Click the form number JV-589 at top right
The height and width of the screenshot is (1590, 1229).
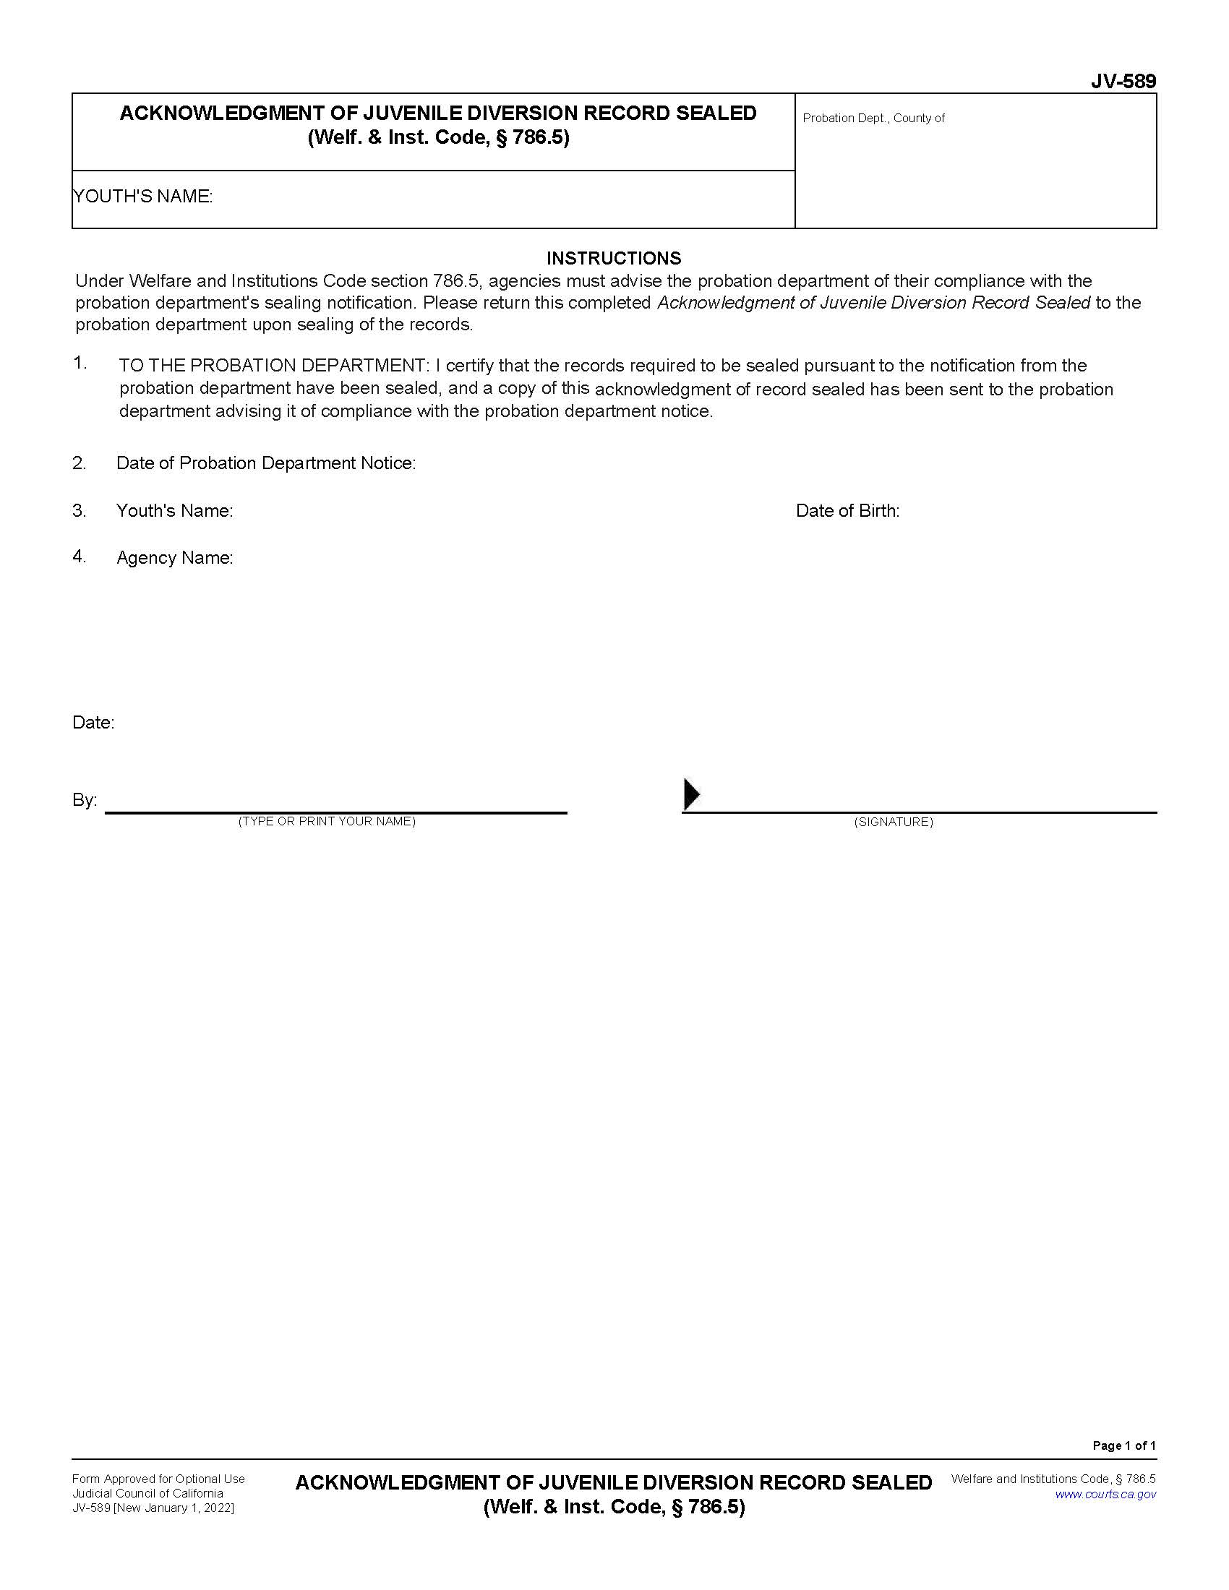pyautogui.click(x=1123, y=82)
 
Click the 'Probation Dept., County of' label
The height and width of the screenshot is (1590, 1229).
pyautogui.click(x=873, y=118)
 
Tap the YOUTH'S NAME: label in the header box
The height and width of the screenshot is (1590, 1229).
pyautogui.click(x=143, y=197)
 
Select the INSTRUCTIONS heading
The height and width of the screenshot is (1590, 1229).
pyautogui.click(x=613, y=259)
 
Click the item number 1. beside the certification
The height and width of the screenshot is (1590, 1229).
pyautogui.click(x=80, y=364)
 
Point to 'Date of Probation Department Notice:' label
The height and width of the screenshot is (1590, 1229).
pyautogui.click(x=266, y=463)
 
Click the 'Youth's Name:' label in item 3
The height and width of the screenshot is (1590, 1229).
pyautogui.click(x=175, y=511)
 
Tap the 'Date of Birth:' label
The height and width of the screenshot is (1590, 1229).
pyautogui.click(x=847, y=511)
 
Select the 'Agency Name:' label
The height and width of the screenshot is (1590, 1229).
pyautogui.click(x=175, y=558)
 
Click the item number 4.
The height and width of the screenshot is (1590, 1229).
pyautogui.click(x=80, y=557)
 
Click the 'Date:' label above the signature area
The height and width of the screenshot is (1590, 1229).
pyautogui.click(x=93, y=723)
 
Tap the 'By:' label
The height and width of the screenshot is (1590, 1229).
pyautogui.click(x=85, y=800)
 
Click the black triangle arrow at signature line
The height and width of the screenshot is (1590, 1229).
pyautogui.click(x=691, y=794)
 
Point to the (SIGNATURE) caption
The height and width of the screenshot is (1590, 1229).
pyautogui.click(x=893, y=822)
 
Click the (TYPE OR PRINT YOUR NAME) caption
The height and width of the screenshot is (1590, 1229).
pyautogui.click(x=327, y=821)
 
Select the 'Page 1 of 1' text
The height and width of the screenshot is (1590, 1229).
pyautogui.click(x=1123, y=1446)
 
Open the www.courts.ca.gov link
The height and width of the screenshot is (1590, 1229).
pyautogui.click(x=1105, y=1495)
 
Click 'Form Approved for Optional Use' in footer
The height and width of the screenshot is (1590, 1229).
pyautogui.click(x=158, y=1479)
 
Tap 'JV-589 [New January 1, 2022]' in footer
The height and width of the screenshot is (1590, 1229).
pyautogui.click(x=153, y=1508)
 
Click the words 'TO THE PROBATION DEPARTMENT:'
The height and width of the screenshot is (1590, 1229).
pyautogui.click(x=275, y=366)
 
